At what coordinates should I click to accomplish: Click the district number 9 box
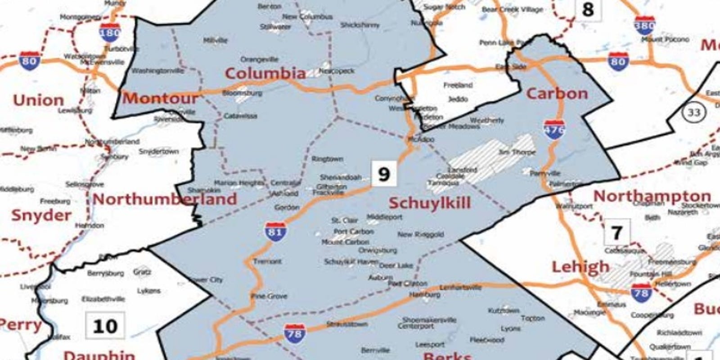tap(383, 174)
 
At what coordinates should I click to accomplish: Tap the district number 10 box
tap(105, 326)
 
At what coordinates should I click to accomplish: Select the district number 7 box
tap(616, 232)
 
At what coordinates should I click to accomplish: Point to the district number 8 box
tap(588, 9)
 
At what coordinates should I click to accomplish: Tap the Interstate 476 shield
tap(553, 130)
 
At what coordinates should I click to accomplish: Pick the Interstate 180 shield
tap(110, 32)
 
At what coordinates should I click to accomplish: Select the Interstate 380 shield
tap(644, 26)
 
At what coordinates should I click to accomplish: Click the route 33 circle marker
tap(693, 112)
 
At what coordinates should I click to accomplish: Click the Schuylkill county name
tap(429, 203)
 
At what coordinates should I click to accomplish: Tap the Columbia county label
tap(265, 73)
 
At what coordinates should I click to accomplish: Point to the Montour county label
tap(160, 98)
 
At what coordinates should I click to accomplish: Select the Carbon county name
tap(557, 94)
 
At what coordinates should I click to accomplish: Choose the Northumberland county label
tap(165, 199)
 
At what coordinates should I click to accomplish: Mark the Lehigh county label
tap(580, 267)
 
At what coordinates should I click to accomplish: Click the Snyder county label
tap(41, 215)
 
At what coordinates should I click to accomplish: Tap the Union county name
tap(38, 100)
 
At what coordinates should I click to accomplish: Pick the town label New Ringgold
tap(420, 234)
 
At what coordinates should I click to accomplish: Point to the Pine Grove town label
tap(269, 296)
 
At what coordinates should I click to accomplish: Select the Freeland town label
tap(458, 85)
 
